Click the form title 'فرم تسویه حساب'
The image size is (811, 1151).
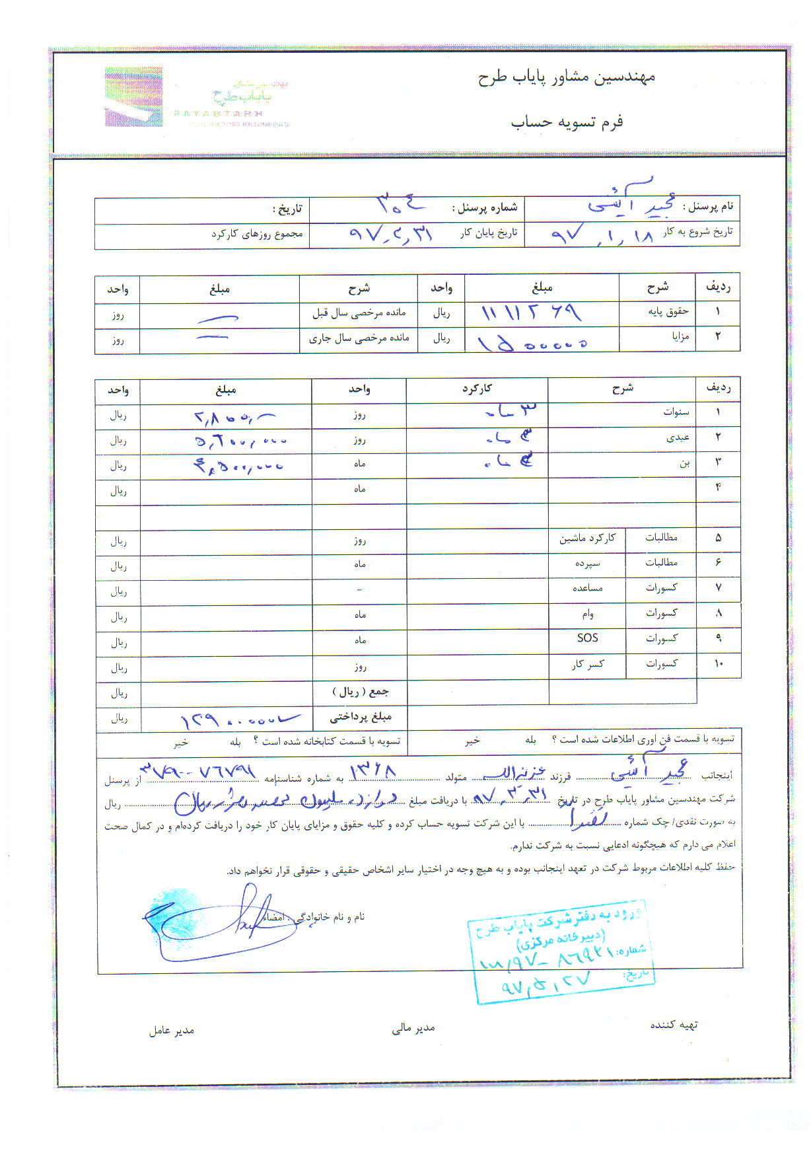(x=567, y=122)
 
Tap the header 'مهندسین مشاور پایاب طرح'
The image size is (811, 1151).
(x=567, y=77)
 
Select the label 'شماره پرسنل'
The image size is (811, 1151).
(x=485, y=207)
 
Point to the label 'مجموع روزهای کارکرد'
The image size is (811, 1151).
(x=257, y=234)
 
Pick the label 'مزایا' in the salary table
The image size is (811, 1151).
(x=680, y=336)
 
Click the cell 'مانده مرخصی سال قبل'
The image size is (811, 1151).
(x=359, y=313)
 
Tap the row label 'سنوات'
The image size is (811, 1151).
(x=676, y=412)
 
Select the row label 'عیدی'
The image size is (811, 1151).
(x=678, y=437)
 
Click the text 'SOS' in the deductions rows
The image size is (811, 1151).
(x=587, y=638)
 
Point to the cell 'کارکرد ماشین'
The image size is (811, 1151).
(x=587, y=538)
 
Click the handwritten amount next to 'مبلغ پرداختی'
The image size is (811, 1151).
(x=238, y=719)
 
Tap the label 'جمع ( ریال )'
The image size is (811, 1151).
(x=360, y=692)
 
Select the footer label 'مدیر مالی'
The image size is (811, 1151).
(x=413, y=1027)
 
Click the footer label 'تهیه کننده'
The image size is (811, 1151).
(x=674, y=1025)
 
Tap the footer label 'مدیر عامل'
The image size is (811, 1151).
(x=172, y=1031)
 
